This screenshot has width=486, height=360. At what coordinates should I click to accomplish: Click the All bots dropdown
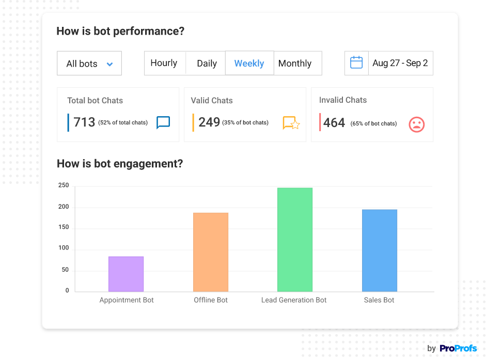click(x=89, y=64)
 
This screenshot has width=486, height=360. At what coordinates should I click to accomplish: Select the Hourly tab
click(x=164, y=63)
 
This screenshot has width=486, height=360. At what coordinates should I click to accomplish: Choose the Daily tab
click(x=207, y=64)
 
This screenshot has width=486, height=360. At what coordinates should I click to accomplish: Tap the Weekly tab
click(x=249, y=64)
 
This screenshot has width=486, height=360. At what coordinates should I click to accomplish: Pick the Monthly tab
click(x=295, y=64)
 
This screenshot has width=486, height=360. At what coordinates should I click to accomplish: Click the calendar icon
click(x=356, y=63)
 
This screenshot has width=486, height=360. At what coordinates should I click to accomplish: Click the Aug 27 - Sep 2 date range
click(x=400, y=63)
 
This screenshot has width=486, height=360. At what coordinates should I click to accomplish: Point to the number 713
click(x=84, y=122)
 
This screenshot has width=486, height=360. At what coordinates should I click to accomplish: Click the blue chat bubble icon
click(x=163, y=122)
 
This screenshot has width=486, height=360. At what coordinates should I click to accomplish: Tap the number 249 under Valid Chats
click(x=209, y=122)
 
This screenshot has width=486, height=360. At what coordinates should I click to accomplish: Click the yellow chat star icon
click(x=291, y=123)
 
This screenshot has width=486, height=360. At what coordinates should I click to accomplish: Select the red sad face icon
click(x=416, y=124)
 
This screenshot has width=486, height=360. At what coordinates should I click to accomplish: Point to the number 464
click(x=334, y=123)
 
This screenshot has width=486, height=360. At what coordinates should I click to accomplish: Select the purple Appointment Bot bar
click(x=126, y=274)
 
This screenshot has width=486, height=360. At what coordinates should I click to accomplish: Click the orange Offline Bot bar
click(x=211, y=252)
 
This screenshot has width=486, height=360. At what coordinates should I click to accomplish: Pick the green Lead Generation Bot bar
click(x=295, y=240)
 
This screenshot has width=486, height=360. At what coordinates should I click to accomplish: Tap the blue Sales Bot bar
click(x=380, y=251)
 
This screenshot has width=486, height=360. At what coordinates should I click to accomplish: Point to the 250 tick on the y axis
click(x=64, y=185)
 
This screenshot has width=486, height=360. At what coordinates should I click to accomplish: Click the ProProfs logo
click(x=458, y=349)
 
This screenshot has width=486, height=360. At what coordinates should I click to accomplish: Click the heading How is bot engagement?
click(x=120, y=164)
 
